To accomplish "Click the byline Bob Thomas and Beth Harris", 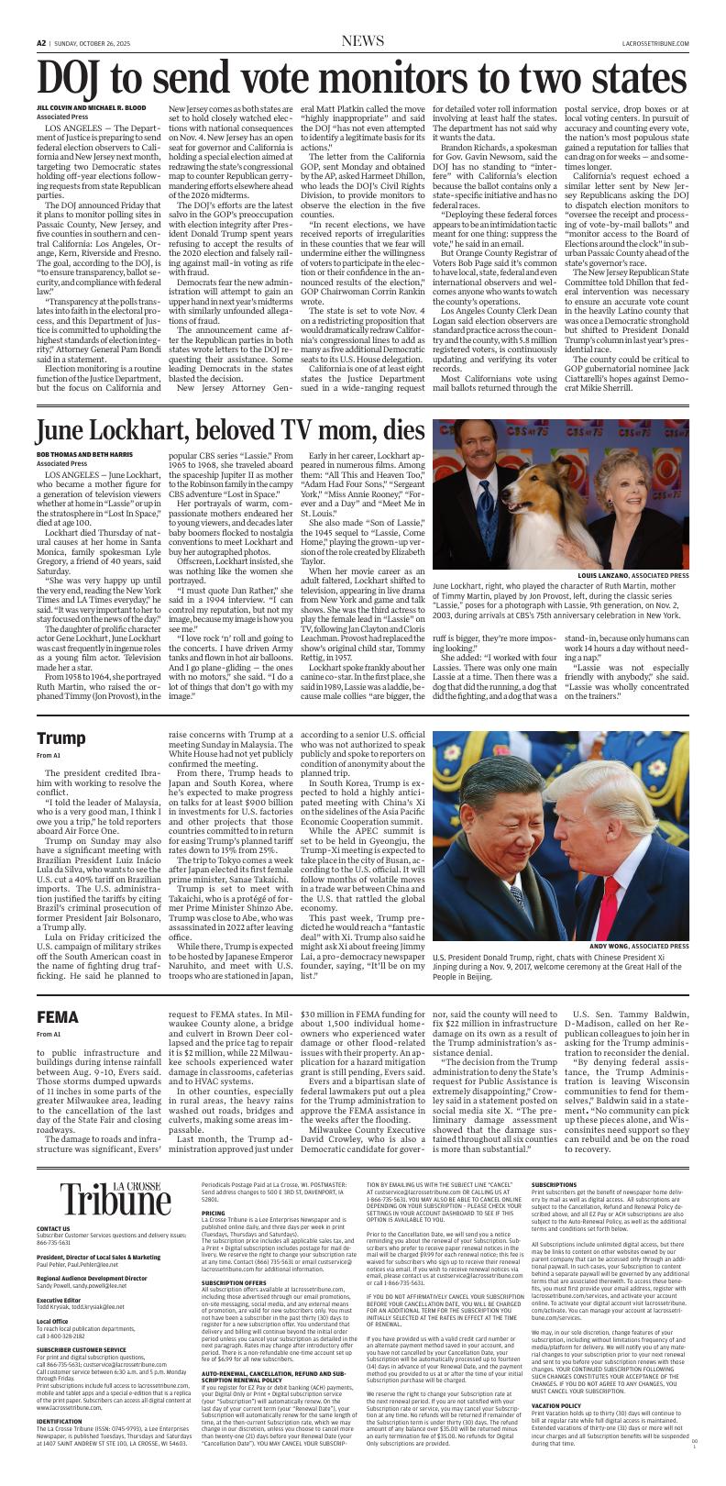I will coord(84,455).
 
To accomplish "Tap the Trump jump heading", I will coord(60,738).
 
